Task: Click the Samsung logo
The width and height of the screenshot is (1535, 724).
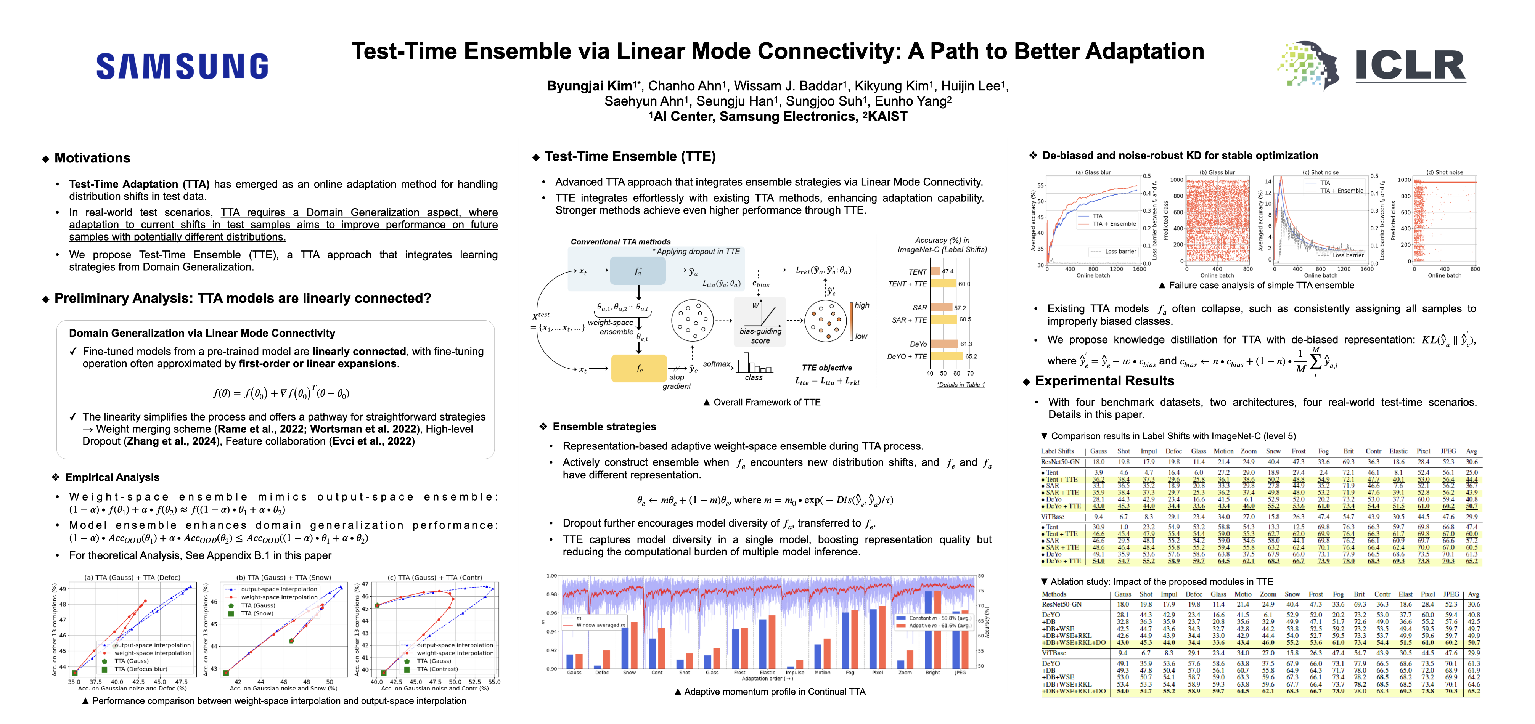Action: [182, 66]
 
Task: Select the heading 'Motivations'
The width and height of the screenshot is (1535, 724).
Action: [92, 158]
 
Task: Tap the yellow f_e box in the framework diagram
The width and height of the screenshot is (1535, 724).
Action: [639, 368]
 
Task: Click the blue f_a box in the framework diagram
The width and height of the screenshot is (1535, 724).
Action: [638, 271]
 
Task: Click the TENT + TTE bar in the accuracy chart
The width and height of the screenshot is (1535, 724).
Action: [943, 284]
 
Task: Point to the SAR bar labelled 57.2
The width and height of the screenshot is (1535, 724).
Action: [942, 307]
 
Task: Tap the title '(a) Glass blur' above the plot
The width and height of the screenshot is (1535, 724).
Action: [1093, 172]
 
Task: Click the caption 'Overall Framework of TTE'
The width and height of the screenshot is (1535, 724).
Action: [766, 402]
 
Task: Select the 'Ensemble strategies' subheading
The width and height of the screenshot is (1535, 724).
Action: [604, 427]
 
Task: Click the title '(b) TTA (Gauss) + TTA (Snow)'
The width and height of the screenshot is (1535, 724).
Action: [284, 578]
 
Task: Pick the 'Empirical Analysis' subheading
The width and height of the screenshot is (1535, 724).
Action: [112, 477]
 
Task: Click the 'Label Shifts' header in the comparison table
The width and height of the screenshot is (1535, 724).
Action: [1057, 451]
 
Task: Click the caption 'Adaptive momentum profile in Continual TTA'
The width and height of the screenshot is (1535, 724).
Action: [774, 692]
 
